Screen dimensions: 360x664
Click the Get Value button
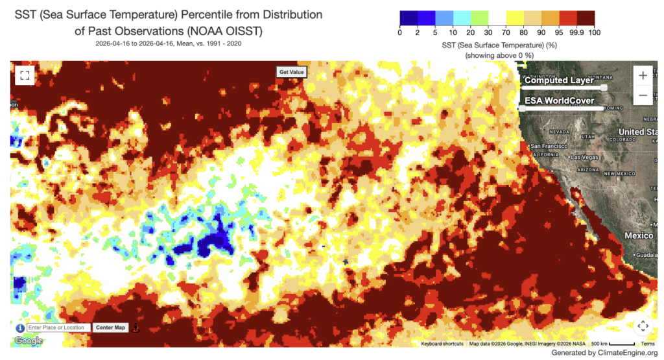point(291,72)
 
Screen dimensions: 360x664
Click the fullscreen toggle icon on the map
point(25,75)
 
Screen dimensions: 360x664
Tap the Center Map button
point(110,328)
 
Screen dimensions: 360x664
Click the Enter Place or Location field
point(58,328)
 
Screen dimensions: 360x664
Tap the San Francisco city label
point(551,145)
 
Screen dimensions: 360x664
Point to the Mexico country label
point(639,235)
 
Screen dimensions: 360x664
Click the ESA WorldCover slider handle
point(523,108)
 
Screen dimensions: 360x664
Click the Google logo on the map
point(29,341)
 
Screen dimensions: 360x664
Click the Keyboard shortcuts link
point(442,344)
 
